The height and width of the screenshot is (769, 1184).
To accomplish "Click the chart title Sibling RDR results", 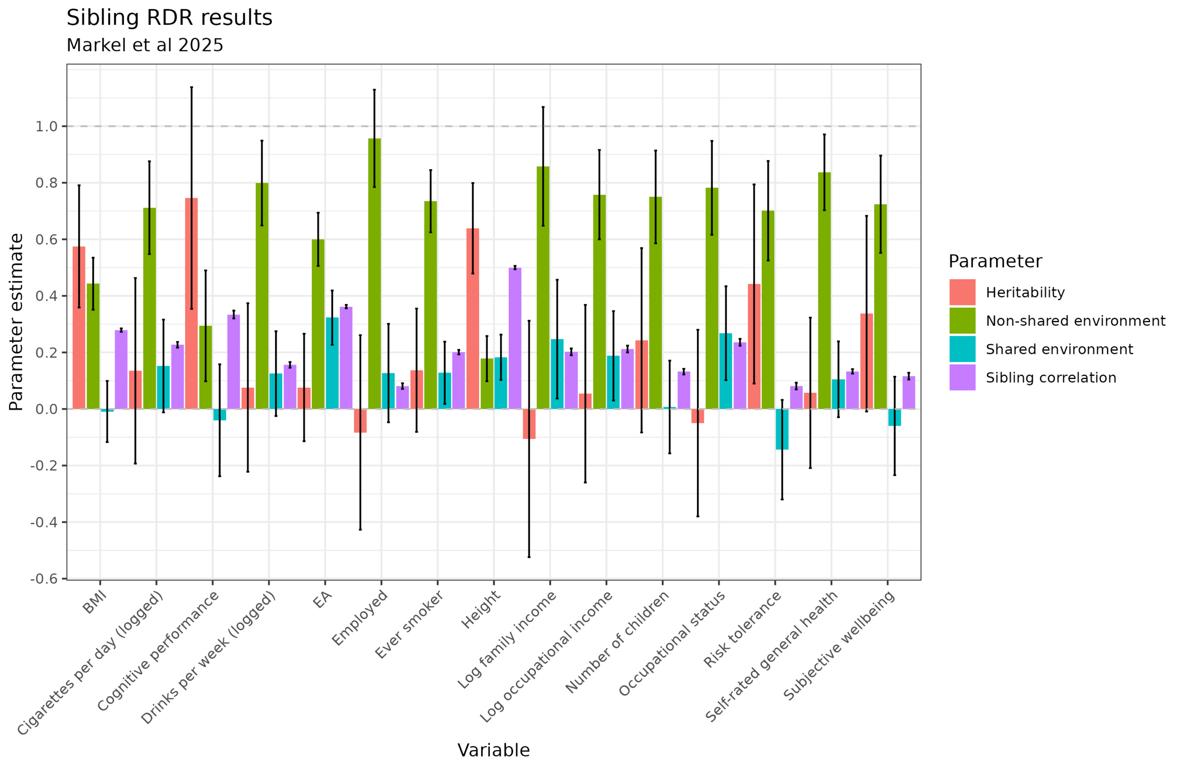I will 169,18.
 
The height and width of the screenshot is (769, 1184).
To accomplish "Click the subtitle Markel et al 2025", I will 145,45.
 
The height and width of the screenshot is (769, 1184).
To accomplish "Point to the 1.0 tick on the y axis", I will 46,127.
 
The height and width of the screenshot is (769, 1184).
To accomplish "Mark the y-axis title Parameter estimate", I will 16,322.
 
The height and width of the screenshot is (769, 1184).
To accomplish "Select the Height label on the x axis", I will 481,610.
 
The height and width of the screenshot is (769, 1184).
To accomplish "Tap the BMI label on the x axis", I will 94,603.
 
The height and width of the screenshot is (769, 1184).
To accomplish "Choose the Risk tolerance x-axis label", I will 742,630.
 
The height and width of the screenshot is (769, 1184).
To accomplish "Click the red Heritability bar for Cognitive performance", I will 191,303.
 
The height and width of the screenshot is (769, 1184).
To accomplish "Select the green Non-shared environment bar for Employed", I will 374,274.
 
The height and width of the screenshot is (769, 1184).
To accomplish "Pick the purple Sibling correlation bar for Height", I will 515,338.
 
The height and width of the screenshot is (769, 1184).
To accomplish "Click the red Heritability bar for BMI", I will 79,328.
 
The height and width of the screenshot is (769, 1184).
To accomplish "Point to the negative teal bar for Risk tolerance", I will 782,429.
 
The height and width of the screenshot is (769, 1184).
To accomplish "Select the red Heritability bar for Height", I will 473,318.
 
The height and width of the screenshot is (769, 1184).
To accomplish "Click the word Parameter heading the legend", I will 995,262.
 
